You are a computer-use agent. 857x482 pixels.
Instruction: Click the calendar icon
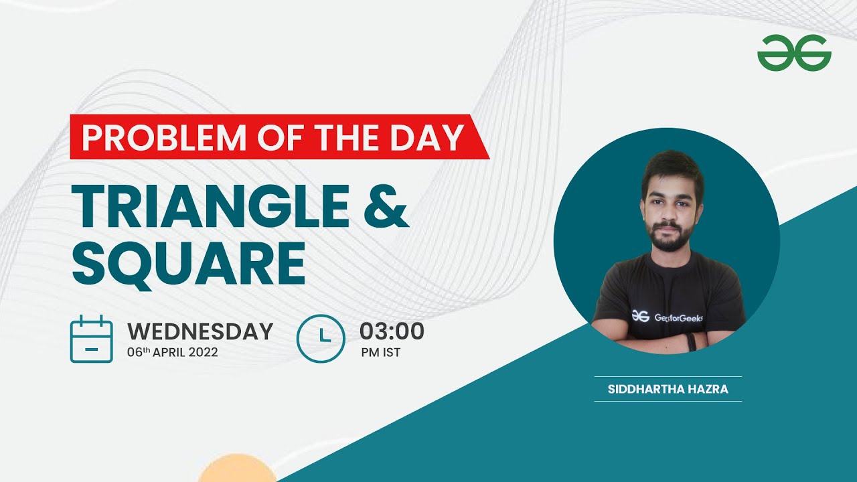[91, 339]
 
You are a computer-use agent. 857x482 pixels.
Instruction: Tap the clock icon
[321, 339]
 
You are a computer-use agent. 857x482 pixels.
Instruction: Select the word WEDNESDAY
[200, 331]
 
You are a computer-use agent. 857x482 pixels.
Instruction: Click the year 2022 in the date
[203, 353]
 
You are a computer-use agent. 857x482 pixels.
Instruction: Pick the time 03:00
[392, 331]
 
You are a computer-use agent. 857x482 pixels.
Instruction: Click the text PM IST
[380, 353]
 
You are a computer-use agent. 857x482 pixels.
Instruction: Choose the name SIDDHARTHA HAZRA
[668, 389]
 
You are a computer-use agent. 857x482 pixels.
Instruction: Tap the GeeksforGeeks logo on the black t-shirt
[641, 317]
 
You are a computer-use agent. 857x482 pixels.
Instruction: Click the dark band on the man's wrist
[691, 341]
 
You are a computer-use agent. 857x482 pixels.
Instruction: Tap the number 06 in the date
[135, 353]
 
